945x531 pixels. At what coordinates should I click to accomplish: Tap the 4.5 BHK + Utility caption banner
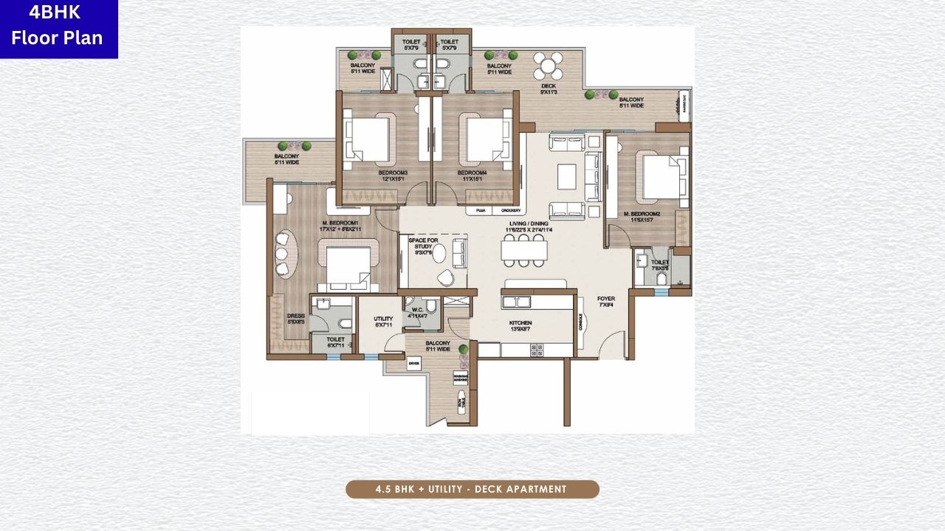[472, 489]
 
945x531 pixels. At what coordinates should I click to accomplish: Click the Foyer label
[606, 302]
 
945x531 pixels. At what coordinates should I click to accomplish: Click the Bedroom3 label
[391, 176]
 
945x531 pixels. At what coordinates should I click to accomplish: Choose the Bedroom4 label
[470, 176]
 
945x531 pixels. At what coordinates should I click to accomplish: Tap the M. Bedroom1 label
[340, 226]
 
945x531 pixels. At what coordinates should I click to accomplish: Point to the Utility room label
[383, 322]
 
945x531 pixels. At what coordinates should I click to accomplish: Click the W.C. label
[417, 312]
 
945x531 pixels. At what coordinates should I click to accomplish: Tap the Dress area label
[295, 319]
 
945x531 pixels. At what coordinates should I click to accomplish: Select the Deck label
[548, 89]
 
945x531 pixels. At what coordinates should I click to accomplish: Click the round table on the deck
[548, 67]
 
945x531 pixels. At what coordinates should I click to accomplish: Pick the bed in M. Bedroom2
[659, 177]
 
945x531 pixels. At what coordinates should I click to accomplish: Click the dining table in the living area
[524, 251]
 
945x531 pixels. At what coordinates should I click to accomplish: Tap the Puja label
[481, 211]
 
